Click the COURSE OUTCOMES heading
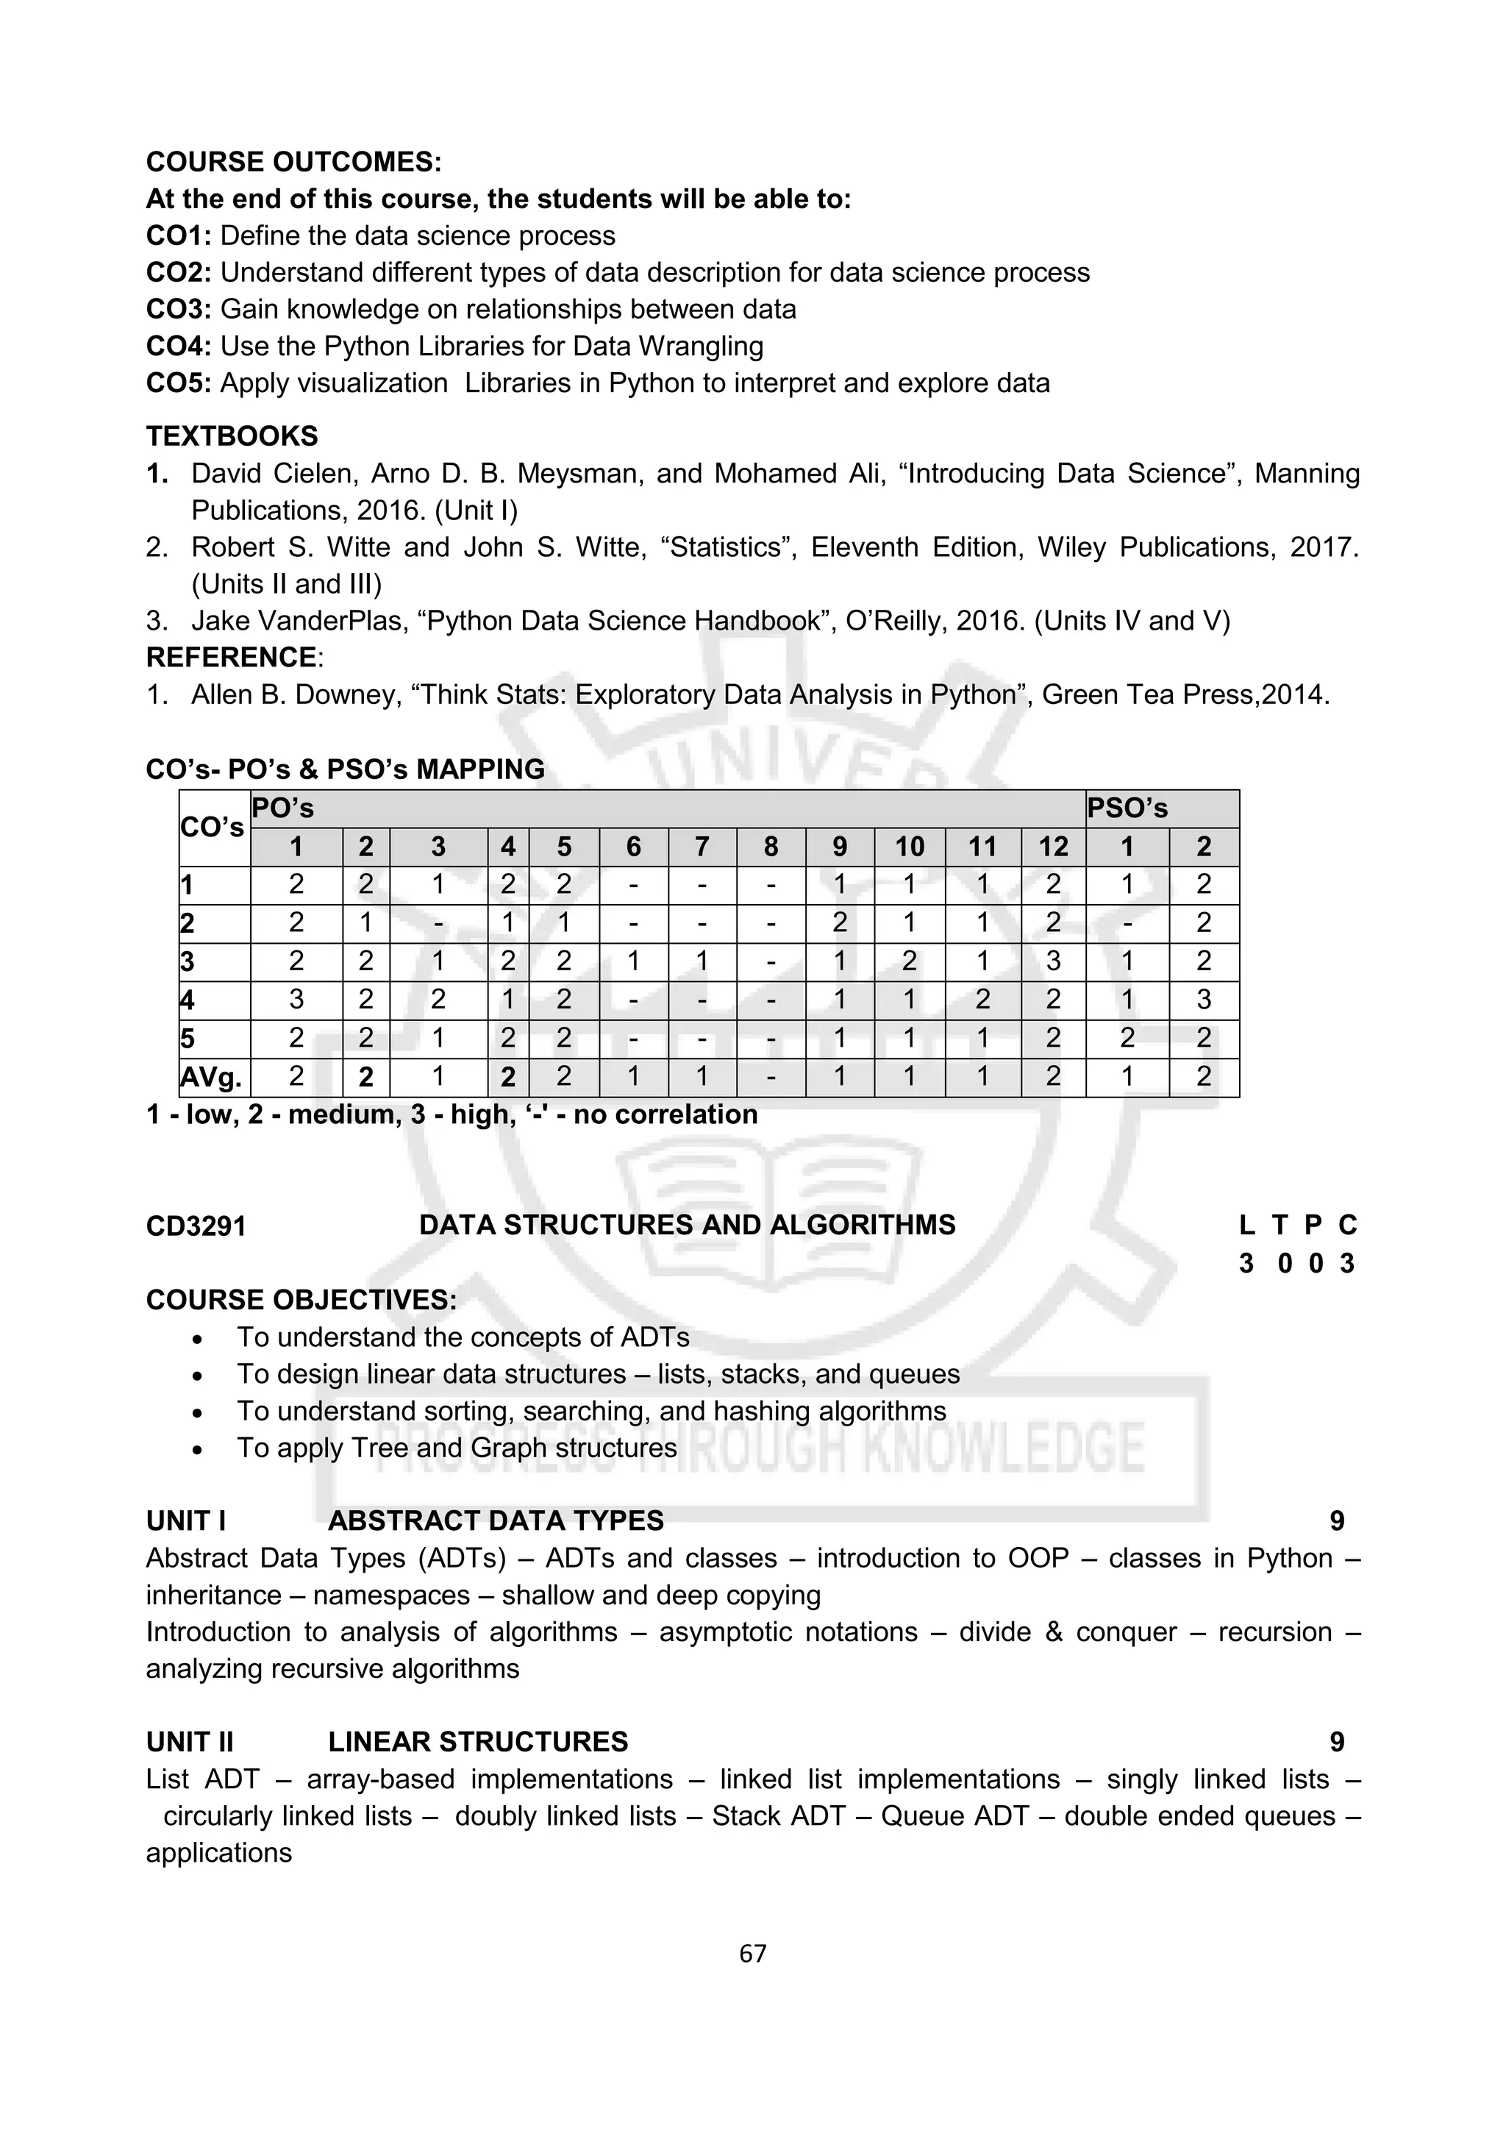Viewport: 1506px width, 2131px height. click(293, 162)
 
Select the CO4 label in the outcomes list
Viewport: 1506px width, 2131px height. click(178, 346)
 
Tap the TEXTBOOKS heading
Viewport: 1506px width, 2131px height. click(231, 436)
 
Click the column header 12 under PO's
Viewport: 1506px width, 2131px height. click(1052, 847)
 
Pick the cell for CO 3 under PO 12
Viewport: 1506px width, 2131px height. click(1052, 961)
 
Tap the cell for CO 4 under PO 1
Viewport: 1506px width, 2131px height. click(296, 1000)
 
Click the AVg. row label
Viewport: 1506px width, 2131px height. click(212, 1077)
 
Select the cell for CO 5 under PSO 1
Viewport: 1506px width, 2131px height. click(1127, 1038)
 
